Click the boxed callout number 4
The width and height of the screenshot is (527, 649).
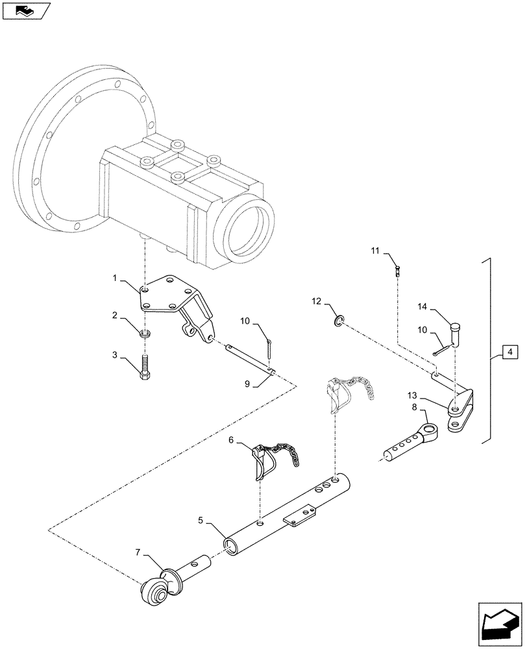(510, 352)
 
